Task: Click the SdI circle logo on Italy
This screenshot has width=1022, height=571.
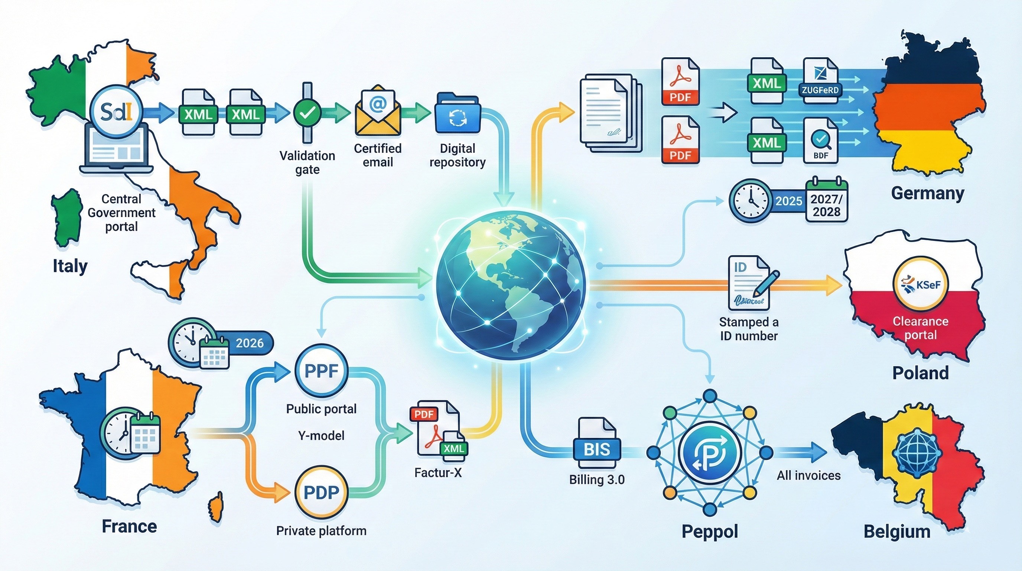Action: (116, 112)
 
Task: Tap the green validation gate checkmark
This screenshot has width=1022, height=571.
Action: (307, 112)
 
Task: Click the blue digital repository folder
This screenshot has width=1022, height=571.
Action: (458, 114)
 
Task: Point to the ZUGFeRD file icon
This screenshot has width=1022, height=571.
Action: (820, 81)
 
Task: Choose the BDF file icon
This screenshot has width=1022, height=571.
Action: (820, 141)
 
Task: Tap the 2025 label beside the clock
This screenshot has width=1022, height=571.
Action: (788, 201)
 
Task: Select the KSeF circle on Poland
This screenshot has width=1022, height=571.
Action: (920, 285)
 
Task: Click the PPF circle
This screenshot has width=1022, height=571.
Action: (321, 371)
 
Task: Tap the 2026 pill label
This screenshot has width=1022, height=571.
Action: (250, 343)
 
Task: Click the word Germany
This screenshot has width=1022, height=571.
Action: (927, 193)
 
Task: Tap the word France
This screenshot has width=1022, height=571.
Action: (129, 526)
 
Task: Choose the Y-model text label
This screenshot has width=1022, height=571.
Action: (321, 436)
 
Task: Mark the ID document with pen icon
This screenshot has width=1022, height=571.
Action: (751, 283)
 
